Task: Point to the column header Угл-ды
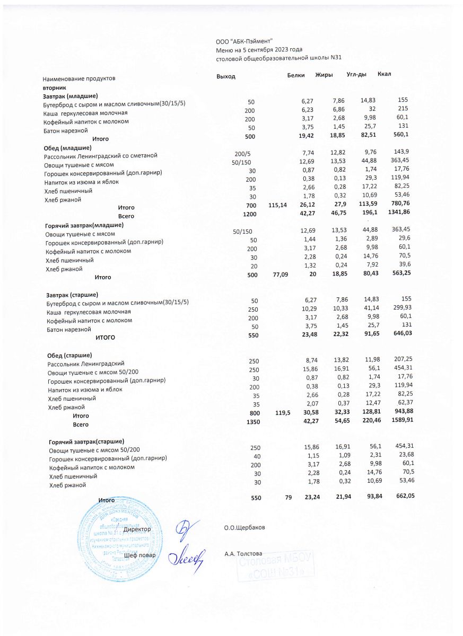pyautogui.click(x=356, y=74)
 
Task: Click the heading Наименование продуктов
pyautogui.click(x=78, y=78)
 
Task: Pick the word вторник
pyautogui.click(x=54, y=87)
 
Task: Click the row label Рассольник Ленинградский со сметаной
pyautogui.click(x=101, y=156)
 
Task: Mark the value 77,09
pyautogui.click(x=279, y=275)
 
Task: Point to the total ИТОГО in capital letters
pyautogui.click(x=105, y=337)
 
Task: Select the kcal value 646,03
pyautogui.click(x=401, y=333)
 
